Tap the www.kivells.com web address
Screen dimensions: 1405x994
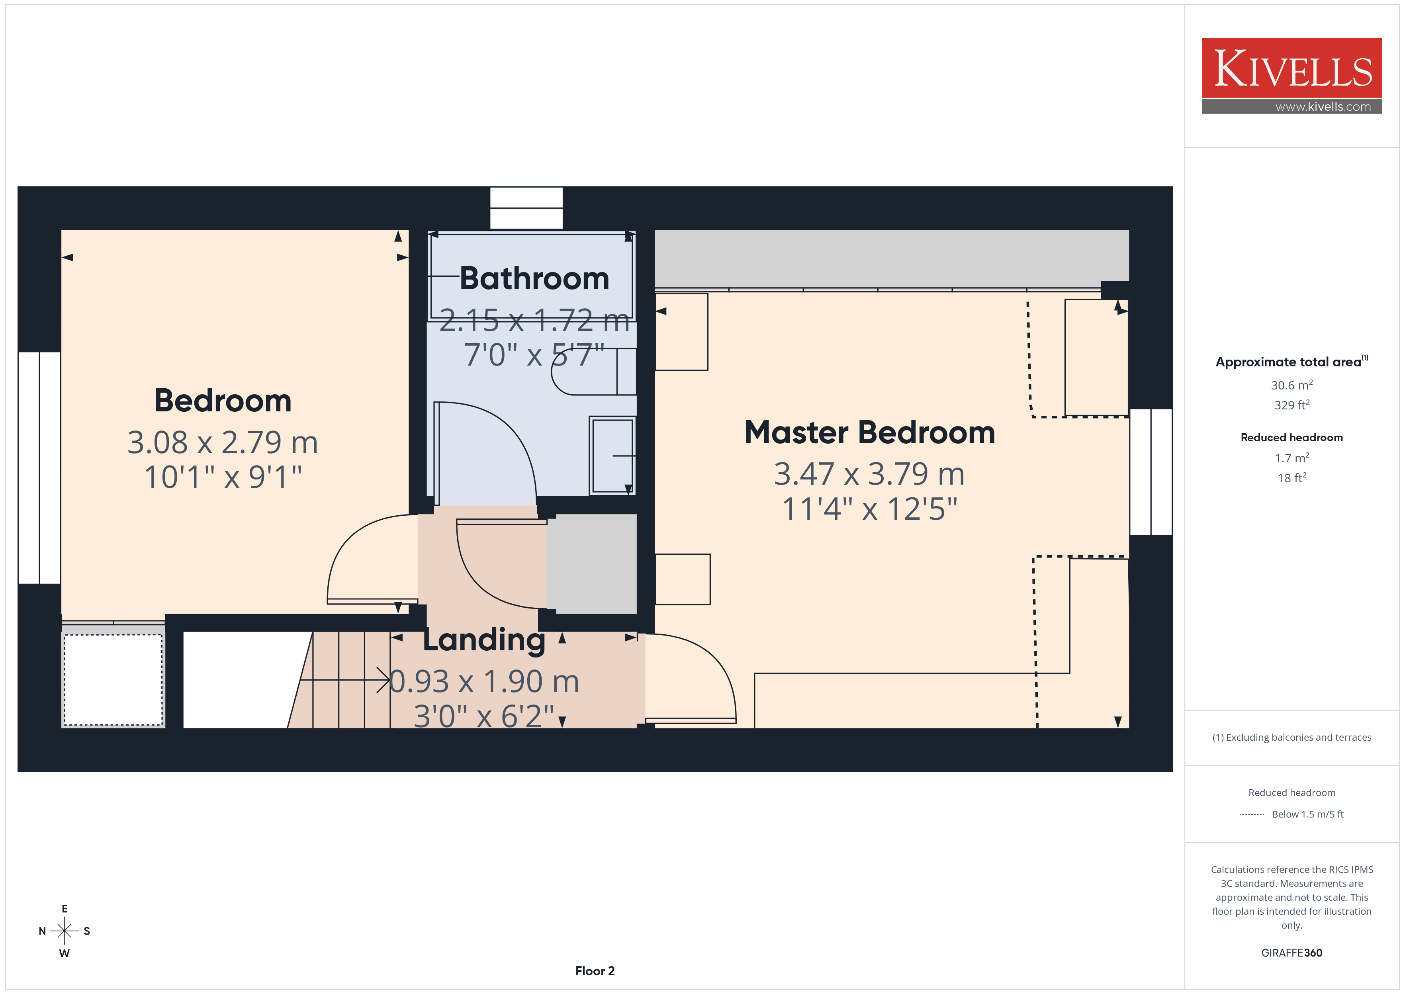[x=1323, y=106]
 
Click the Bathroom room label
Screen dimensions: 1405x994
[x=534, y=278]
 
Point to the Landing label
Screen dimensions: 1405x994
[x=484, y=640]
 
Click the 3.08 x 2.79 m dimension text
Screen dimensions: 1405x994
[x=223, y=442]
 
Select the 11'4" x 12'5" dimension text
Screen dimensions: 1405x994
[x=869, y=509]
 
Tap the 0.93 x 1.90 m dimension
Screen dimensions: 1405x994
[x=484, y=681]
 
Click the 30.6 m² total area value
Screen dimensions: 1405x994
[x=1292, y=385]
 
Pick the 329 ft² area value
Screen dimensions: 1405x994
[x=1292, y=405]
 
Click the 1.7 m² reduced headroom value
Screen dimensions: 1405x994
[x=1292, y=458]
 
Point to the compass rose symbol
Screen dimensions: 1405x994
[x=64, y=931]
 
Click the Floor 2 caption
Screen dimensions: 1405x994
[x=595, y=971]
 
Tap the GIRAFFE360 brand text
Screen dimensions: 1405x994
[x=1292, y=952]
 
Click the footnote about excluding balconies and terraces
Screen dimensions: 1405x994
[x=1292, y=737]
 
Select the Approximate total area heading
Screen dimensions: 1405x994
[x=1292, y=361]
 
